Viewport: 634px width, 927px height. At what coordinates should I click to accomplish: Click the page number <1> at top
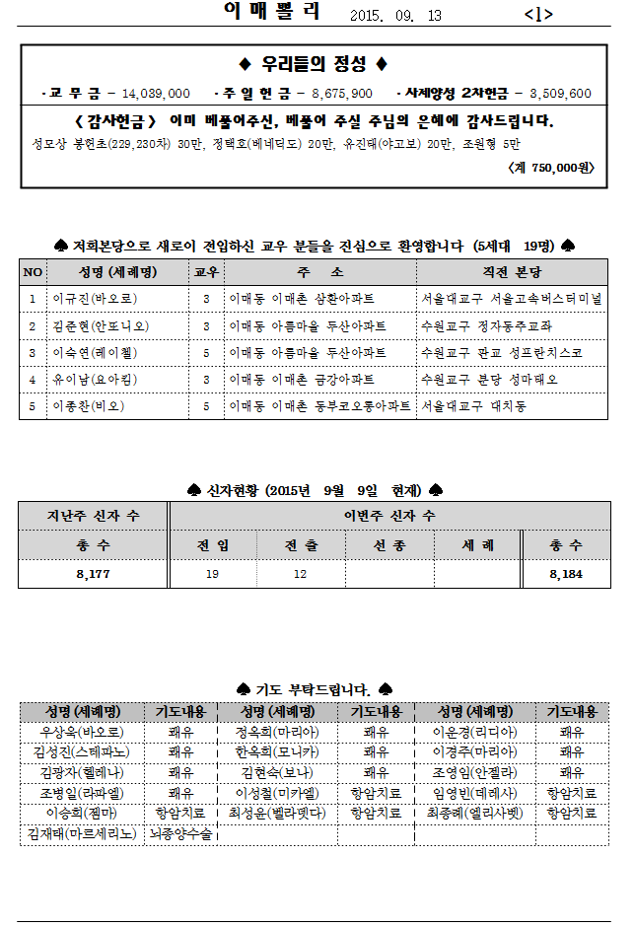pyautogui.click(x=538, y=14)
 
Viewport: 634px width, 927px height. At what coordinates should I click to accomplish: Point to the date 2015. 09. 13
pyautogui.click(x=395, y=15)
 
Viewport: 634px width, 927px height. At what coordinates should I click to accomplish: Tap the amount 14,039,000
pyautogui.click(x=155, y=94)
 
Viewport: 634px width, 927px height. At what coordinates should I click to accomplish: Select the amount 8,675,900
pyautogui.click(x=341, y=94)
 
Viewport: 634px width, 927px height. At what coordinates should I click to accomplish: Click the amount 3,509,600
pyautogui.click(x=560, y=94)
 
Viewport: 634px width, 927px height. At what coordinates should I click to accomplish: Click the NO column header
pyautogui.click(x=33, y=272)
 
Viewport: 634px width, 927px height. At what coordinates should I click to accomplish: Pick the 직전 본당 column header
pyautogui.click(x=511, y=272)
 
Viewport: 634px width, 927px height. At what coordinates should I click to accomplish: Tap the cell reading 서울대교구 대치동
pyautogui.click(x=473, y=406)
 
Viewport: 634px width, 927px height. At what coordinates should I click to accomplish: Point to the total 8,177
pyautogui.click(x=93, y=574)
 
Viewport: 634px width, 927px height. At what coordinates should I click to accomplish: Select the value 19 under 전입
pyautogui.click(x=212, y=574)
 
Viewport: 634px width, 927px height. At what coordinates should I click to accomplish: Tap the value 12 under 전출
pyautogui.click(x=300, y=574)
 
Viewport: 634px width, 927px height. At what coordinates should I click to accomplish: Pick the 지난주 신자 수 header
pyautogui.click(x=93, y=516)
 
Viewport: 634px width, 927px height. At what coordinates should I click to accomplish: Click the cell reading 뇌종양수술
pyautogui.click(x=180, y=834)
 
